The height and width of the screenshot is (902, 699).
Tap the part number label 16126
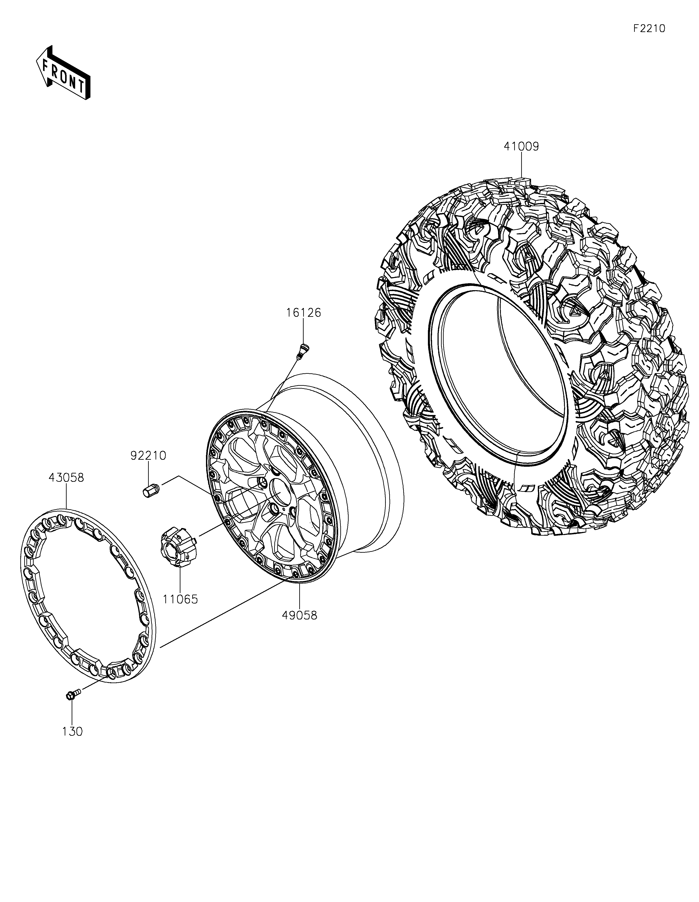[303, 313]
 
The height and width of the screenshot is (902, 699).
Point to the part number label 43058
[66, 477]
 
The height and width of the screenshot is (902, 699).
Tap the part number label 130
[72, 731]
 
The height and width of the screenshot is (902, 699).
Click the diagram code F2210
[649, 29]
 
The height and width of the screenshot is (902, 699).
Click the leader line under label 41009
[521, 165]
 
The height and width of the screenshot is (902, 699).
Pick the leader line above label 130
[72, 712]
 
